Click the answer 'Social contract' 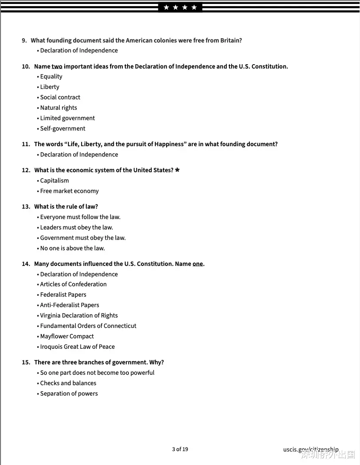(60, 97)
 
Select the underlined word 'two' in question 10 (57, 66)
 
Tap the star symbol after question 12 (177, 170)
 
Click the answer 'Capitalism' (55, 180)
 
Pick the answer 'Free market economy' (69, 191)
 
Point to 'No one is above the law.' (72, 248)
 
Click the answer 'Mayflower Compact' (67, 336)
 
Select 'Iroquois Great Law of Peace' (78, 347)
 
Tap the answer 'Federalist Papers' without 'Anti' (63, 295)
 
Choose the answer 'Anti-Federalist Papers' (70, 305)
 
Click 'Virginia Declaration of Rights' (79, 315)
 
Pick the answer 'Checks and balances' (68, 383)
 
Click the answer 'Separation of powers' (69, 393)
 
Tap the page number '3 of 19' (180, 449)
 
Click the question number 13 (26, 206)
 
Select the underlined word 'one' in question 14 (198, 264)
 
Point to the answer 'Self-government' (63, 128)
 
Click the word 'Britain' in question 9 (230, 40)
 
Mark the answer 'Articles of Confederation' (73, 284)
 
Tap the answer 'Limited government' (68, 118)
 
